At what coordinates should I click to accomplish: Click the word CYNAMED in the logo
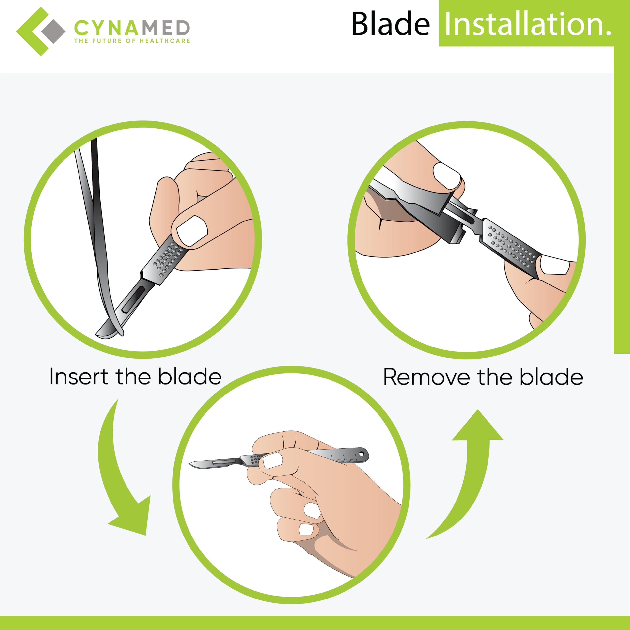[132, 28]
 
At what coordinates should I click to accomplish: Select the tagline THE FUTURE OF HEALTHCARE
[132, 41]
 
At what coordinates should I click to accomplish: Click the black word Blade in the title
[390, 24]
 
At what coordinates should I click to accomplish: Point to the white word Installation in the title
[525, 24]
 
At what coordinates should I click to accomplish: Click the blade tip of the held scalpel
[191, 463]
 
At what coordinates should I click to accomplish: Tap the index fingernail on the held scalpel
[273, 460]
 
